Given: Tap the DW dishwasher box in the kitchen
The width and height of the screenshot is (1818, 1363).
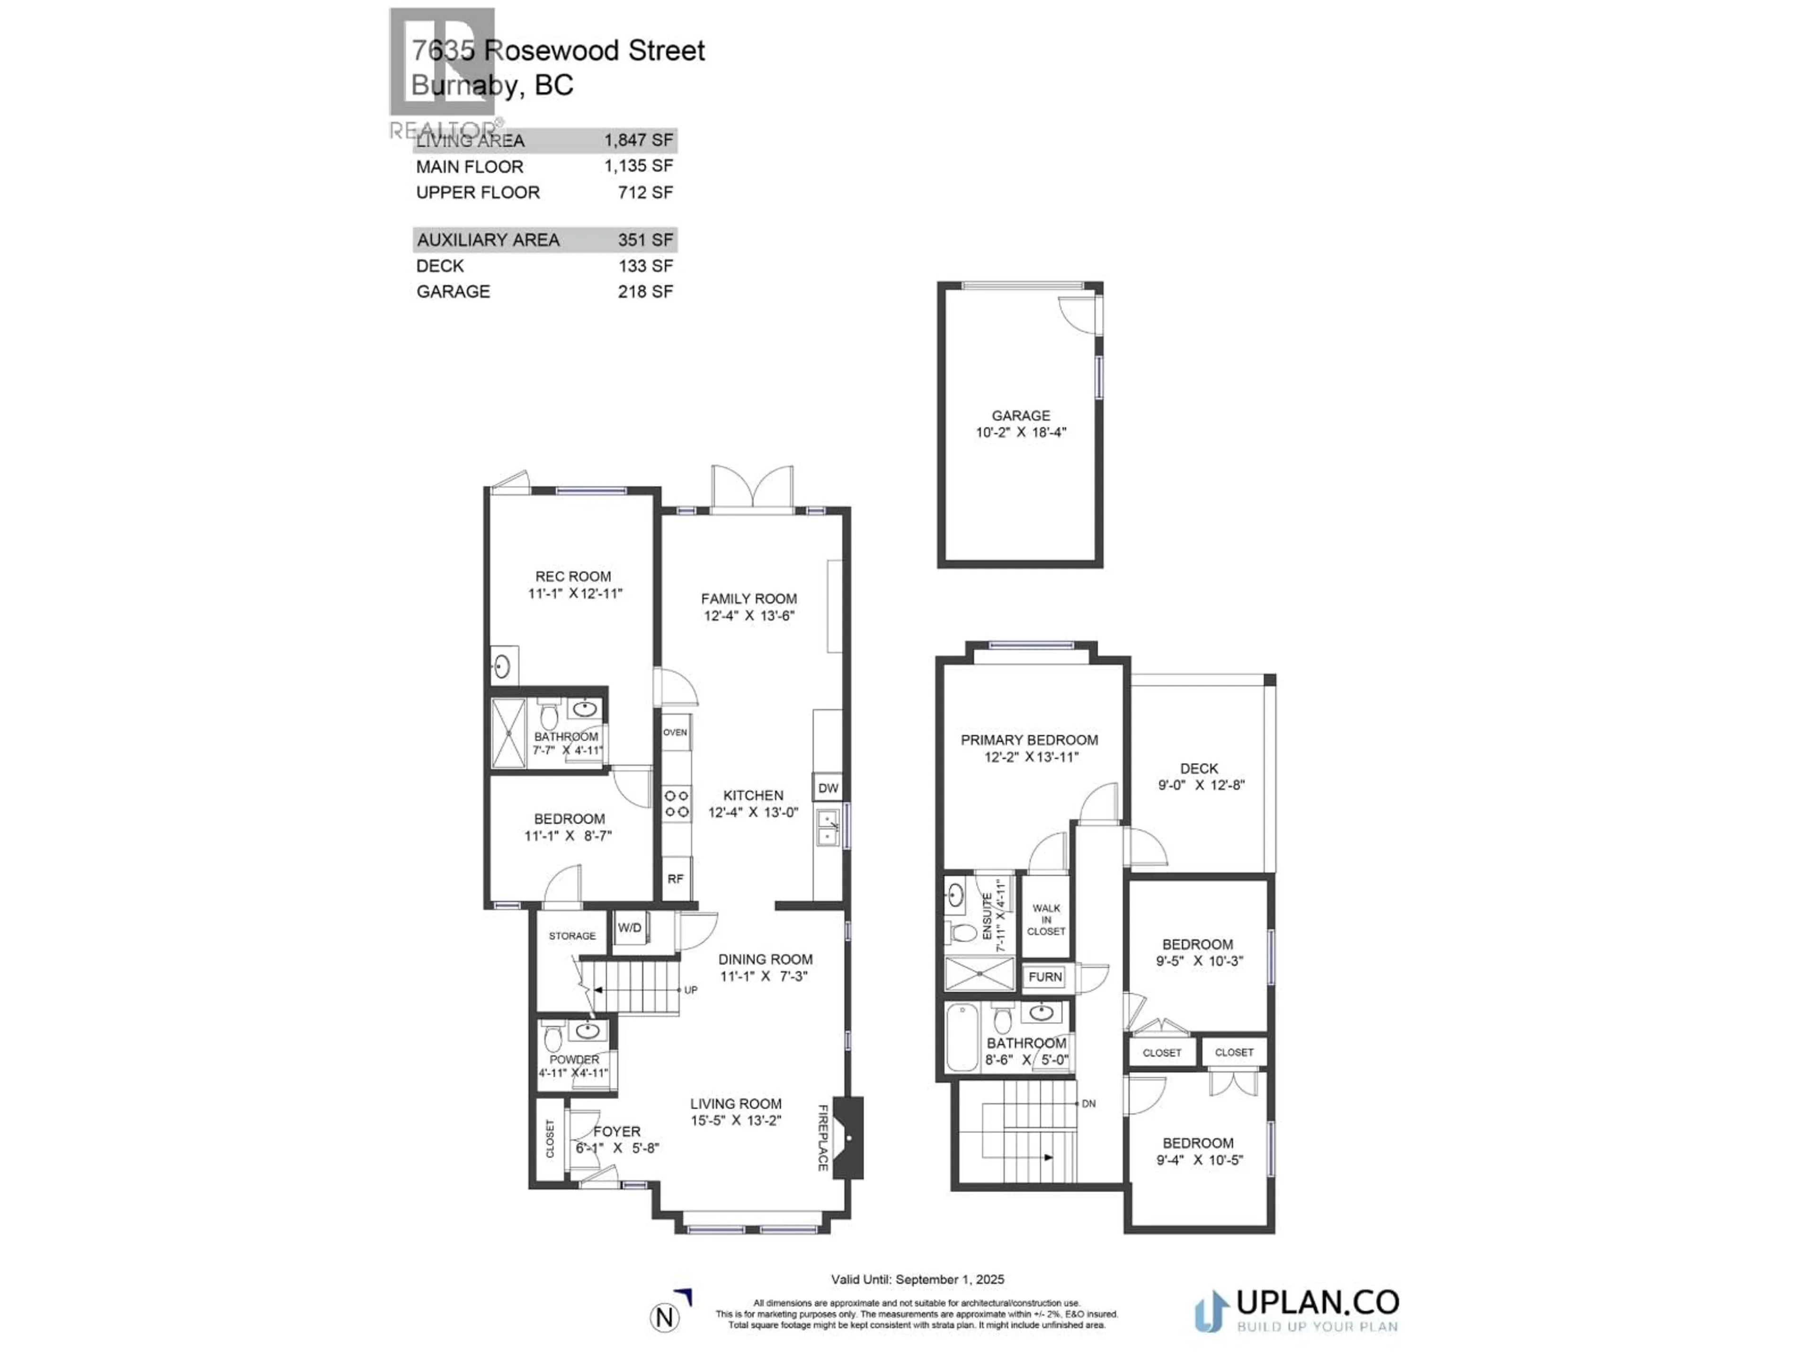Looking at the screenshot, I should click(x=828, y=788).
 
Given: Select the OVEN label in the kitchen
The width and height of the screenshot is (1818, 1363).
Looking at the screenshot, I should click(x=675, y=732).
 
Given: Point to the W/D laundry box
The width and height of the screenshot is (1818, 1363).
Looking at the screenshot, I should click(x=630, y=928).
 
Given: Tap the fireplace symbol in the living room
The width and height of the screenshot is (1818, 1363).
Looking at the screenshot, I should click(x=848, y=1138).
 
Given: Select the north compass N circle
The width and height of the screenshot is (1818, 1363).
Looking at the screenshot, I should click(x=665, y=1318).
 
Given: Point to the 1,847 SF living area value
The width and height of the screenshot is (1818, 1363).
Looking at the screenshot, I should click(x=639, y=141).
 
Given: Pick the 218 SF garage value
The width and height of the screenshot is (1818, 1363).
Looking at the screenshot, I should click(x=645, y=292).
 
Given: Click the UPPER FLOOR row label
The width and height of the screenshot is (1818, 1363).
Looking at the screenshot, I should click(x=478, y=192).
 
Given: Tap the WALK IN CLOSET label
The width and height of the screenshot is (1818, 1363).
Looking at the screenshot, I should click(x=1046, y=920).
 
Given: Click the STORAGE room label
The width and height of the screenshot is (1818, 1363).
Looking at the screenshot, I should click(x=572, y=936).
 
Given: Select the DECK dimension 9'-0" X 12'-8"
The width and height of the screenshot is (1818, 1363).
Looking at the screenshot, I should click(x=1201, y=785).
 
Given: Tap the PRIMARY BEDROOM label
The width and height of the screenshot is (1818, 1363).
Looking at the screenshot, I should click(x=1029, y=739).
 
